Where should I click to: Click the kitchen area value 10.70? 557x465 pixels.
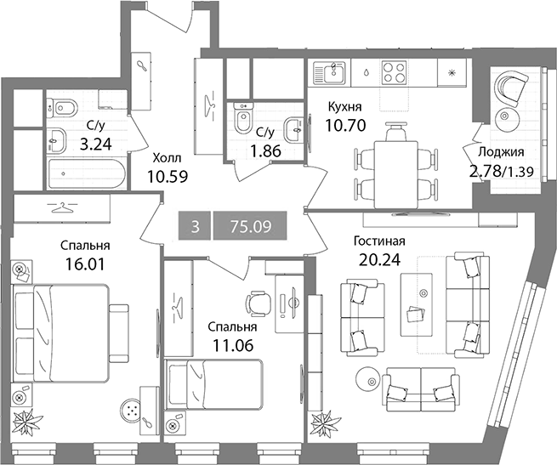click(345, 125)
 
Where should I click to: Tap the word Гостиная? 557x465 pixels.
click(379, 241)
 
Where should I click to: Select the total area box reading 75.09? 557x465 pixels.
click(250, 226)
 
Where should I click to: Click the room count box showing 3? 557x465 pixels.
click(195, 226)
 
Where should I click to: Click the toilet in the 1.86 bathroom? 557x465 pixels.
click(242, 116)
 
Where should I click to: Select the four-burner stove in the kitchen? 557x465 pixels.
click(394, 72)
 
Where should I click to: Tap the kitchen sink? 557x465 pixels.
click(329, 72)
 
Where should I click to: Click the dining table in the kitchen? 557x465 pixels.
click(395, 174)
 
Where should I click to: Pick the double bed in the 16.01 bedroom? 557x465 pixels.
click(60, 332)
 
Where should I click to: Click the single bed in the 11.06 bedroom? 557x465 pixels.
click(215, 383)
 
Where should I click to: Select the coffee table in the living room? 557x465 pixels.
click(417, 304)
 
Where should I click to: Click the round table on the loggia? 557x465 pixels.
click(505, 116)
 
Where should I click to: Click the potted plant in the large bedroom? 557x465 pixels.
click(27, 422)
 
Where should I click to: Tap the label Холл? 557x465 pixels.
click(167, 158)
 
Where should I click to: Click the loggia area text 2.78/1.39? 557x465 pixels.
click(501, 172)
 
